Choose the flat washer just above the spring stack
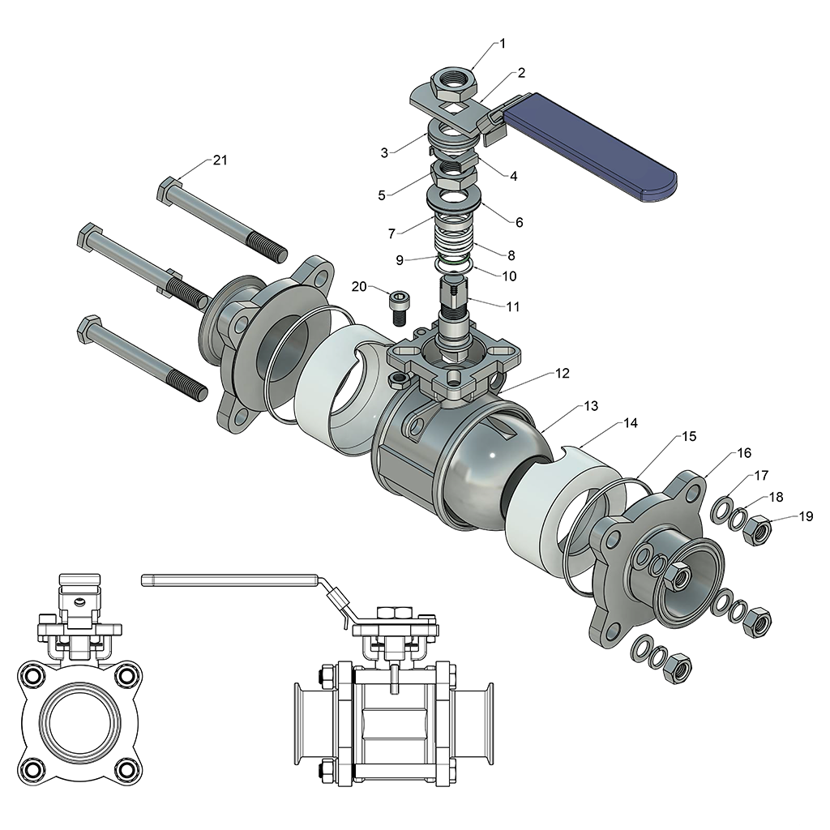[x=451, y=197]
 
